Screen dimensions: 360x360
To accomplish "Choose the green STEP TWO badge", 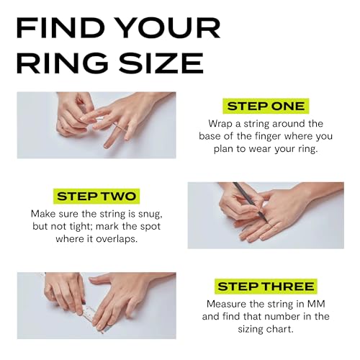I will point(96,196).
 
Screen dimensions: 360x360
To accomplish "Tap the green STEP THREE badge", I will point(266,286).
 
